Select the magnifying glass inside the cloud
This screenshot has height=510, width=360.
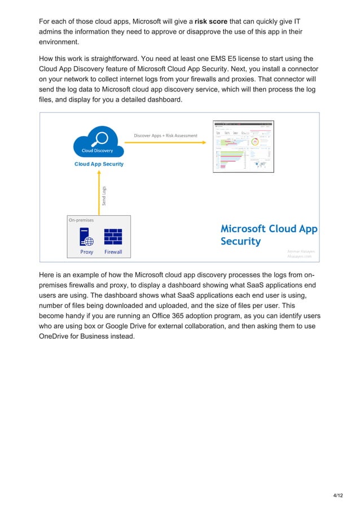101,137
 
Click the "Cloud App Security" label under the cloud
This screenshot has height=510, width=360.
99,164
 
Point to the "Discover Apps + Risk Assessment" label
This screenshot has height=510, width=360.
165,136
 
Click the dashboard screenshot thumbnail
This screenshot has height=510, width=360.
243,146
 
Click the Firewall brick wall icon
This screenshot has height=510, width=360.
113,237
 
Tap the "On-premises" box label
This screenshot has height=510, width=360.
81,220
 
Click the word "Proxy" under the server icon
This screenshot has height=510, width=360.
87,252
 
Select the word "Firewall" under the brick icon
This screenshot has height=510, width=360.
113,252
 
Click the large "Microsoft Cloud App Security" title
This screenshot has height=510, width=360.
268,235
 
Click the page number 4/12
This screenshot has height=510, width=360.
338,496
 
